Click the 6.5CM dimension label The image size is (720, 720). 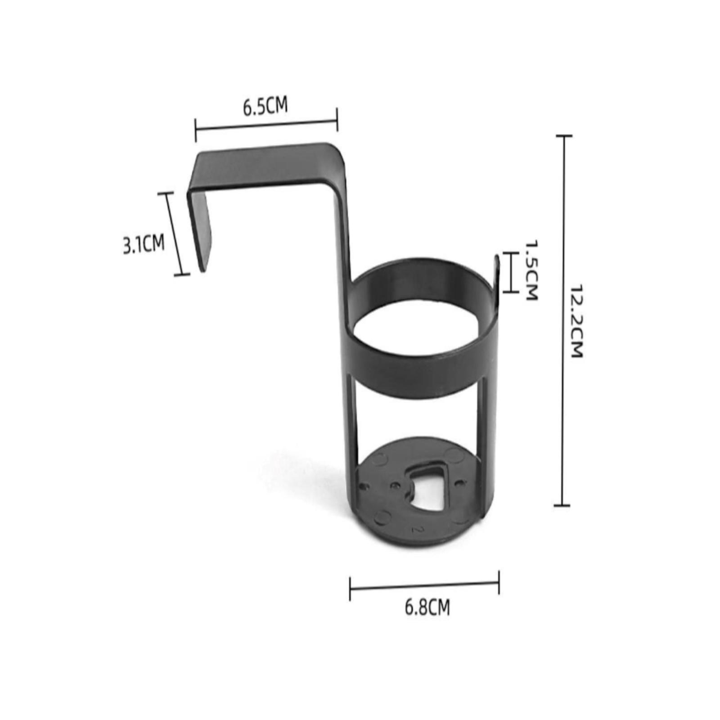265,107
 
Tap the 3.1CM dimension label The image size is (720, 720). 144,244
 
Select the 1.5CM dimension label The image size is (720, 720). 531,270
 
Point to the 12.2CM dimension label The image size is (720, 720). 576,321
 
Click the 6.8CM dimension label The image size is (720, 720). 427,607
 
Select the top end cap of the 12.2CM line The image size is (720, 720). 564,135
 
